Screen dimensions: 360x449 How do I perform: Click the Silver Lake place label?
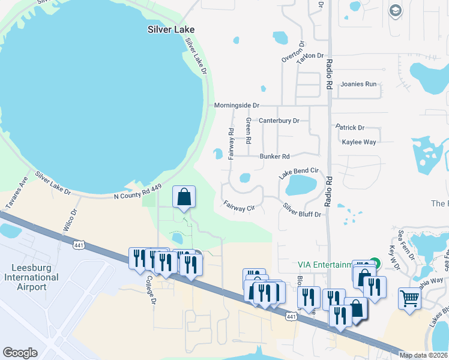pyautogui.click(x=172, y=29)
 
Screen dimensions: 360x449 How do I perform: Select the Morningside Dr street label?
pyautogui.click(x=237, y=105)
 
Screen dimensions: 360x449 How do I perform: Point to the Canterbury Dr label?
pyautogui.click(x=279, y=121)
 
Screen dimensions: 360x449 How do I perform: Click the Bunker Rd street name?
pyautogui.click(x=274, y=157)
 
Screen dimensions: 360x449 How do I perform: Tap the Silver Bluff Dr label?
pyautogui.click(x=302, y=210)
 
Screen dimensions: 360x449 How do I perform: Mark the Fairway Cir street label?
pyautogui.click(x=240, y=206)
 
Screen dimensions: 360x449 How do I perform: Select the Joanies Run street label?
pyautogui.click(x=358, y=84)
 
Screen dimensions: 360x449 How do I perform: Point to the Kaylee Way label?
pyautogui.click(x=358, y=142)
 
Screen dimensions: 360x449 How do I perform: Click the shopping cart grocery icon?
pyautogui.click(x=409, y=297)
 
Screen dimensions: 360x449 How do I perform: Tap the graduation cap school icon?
pyautogui.click(x=395, y=10)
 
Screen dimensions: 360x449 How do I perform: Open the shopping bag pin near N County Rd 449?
pyautogui.click(x=184, y=197)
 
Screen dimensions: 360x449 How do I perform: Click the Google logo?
pyautogui.click(x=20, y=353)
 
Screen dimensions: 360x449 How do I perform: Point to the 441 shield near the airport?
pyautogui.click(x=79, y=245)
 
